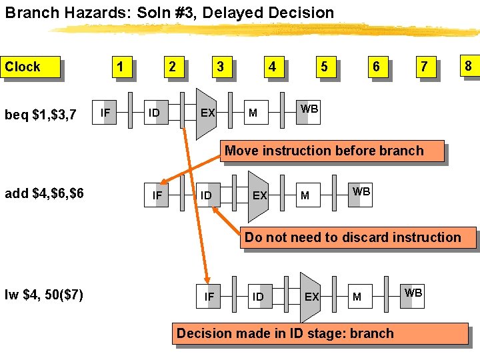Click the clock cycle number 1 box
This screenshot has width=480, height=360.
(x=120, y=67)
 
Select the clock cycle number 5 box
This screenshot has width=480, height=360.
(x=324, y=67)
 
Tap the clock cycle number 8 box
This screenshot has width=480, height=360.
(x=468, y=65)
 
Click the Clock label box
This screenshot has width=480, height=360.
(x=31, y=67)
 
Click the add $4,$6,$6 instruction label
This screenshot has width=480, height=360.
(x=44, y=194)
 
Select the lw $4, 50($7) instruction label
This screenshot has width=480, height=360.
(x=43, y=295)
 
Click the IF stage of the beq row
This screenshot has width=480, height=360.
(x=105, y=113)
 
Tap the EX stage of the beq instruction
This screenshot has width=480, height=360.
(x=208, y=113)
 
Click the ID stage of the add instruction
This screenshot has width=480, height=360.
(x=206, y=195)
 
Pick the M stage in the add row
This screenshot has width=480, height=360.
(x=305, y=195)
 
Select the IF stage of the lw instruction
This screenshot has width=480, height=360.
(x=209, y=296)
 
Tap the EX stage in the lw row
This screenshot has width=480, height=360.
(x=311, y=296)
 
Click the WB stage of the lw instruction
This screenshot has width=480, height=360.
(x=413, y=293)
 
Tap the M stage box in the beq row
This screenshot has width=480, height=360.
(x=253, y=113)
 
